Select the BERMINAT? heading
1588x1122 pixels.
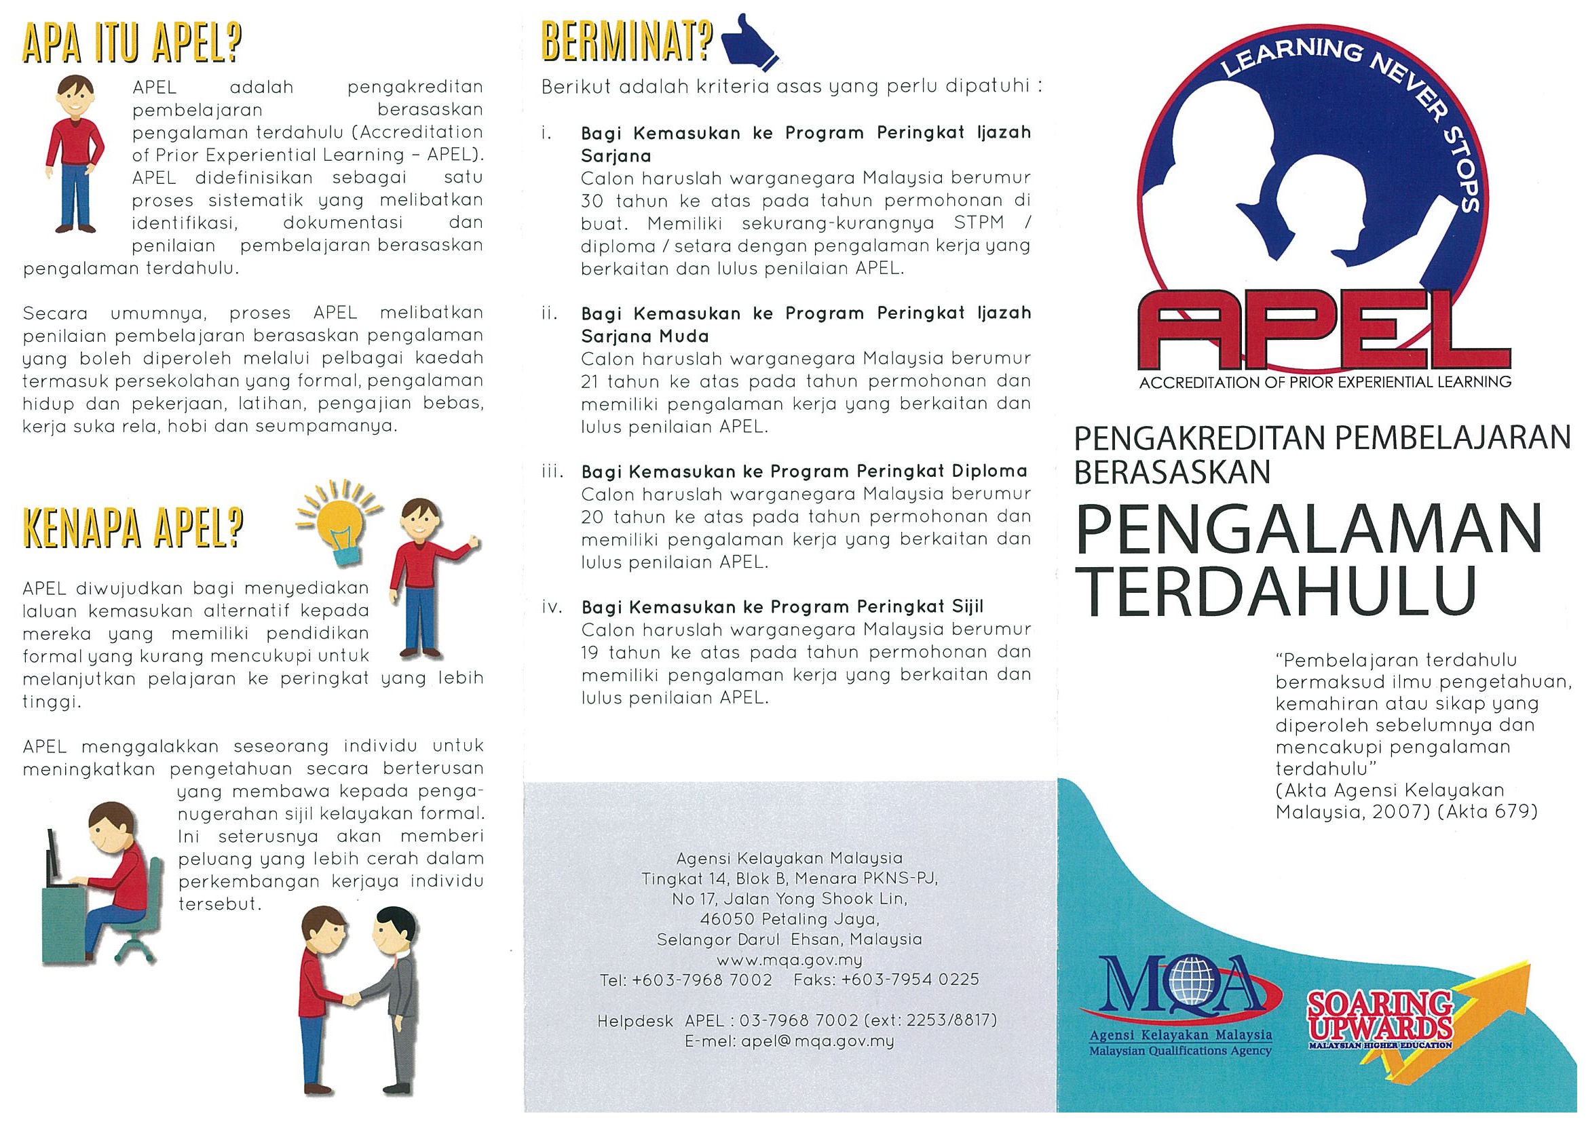[x=626, y=43]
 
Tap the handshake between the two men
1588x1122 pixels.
[x=353, y=999]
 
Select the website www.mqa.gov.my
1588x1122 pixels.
[x=789, y=961]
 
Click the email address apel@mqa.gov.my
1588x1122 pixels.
[x=817, y=1041]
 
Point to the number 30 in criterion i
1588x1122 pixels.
[x=592, y=201]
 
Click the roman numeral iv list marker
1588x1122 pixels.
[x=552, y=608]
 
